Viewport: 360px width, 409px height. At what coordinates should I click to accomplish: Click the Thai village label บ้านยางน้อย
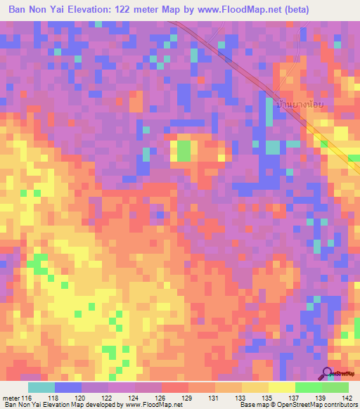301,103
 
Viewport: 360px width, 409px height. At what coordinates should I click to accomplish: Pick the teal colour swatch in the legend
41,388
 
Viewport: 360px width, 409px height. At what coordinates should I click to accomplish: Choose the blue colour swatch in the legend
68,388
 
